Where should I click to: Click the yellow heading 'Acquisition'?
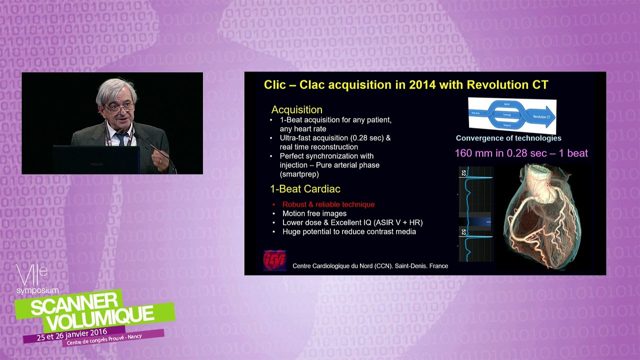[296, 109]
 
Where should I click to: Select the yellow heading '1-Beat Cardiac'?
[305, 189]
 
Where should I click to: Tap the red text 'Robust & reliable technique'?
[328, 204]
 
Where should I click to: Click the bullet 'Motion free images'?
[314, 213]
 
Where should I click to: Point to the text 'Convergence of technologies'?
[508, 138]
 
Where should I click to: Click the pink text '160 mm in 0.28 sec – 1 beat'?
[521, 153]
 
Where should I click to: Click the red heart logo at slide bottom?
[274, 260]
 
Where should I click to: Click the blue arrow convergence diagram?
[511, 114]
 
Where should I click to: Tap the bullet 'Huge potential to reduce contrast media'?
[349, 231]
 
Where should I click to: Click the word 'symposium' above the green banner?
[37, 290]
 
